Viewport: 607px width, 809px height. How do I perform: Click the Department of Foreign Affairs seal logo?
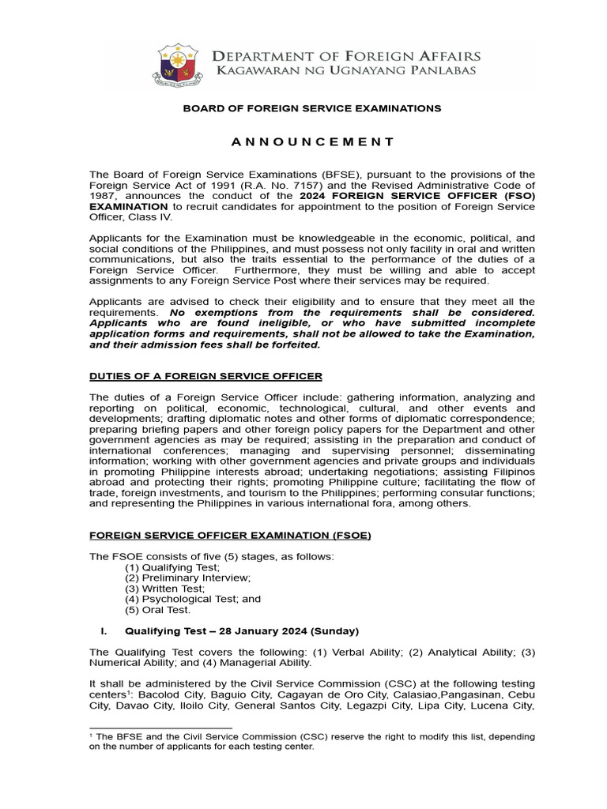click(x=179, y=66)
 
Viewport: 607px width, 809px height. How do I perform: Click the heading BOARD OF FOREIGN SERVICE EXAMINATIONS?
click(x=313, y=107)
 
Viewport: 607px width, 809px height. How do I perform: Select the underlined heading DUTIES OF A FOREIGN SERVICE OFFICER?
click(x=205, y=375)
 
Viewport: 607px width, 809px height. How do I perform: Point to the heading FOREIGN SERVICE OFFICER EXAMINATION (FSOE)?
click(x=230, y=535)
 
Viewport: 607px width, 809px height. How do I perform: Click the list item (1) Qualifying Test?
click(x=172, y=567)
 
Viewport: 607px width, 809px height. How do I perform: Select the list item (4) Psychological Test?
click(x=193, y=599)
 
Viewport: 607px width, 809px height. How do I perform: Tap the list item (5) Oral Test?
click(x=158, y=609)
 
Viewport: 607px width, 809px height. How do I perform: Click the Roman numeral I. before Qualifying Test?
click(x=103, y=631)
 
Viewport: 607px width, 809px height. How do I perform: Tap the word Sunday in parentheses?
click(x=335, y=631)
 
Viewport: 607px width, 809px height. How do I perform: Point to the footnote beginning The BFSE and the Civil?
click(x=313, y=741)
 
